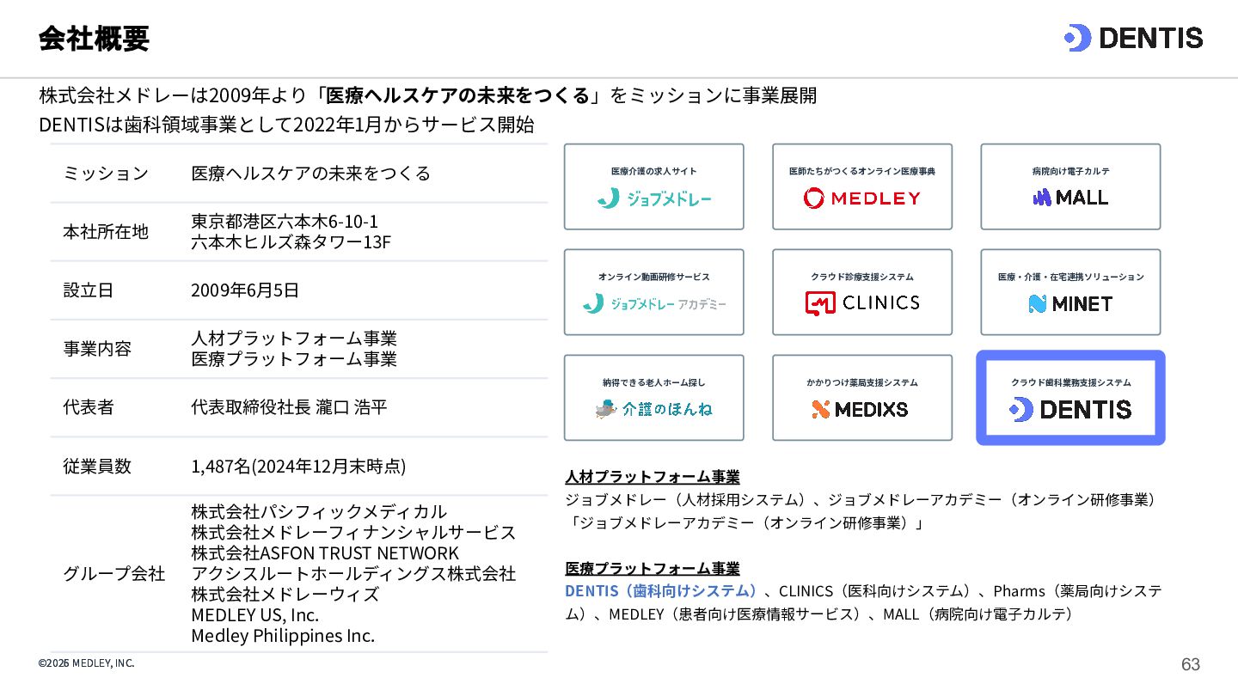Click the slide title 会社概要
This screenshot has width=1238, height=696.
tap(94, 39)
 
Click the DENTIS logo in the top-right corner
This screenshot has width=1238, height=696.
tap(1133, 38)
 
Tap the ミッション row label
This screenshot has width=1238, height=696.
tap(106, 174)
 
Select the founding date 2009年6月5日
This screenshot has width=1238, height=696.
tap(245, 290)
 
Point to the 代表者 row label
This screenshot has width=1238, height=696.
tap(89, 407)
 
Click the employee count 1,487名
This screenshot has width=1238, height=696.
tap(221, 467)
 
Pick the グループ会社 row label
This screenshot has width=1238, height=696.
tap(113, 573)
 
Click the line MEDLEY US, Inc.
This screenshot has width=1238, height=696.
tap(254, 615)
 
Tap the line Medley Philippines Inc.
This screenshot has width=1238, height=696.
tap(283, 636)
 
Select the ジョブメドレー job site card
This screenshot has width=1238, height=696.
tap(653, 186)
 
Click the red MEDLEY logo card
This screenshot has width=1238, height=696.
tap(862, 186)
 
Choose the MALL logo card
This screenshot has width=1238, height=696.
tap(1070, 186)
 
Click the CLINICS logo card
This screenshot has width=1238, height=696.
tap(862, 292)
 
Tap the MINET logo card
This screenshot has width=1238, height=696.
tap(1070, 292)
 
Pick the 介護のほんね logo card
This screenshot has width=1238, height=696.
tap(653, 398)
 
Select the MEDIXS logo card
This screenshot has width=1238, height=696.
tap(862, 398)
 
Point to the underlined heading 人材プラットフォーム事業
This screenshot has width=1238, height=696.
tap(653, 477)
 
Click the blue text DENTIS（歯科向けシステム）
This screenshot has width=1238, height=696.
tap(660, 591)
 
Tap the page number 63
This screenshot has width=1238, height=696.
tap(1191, 664)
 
